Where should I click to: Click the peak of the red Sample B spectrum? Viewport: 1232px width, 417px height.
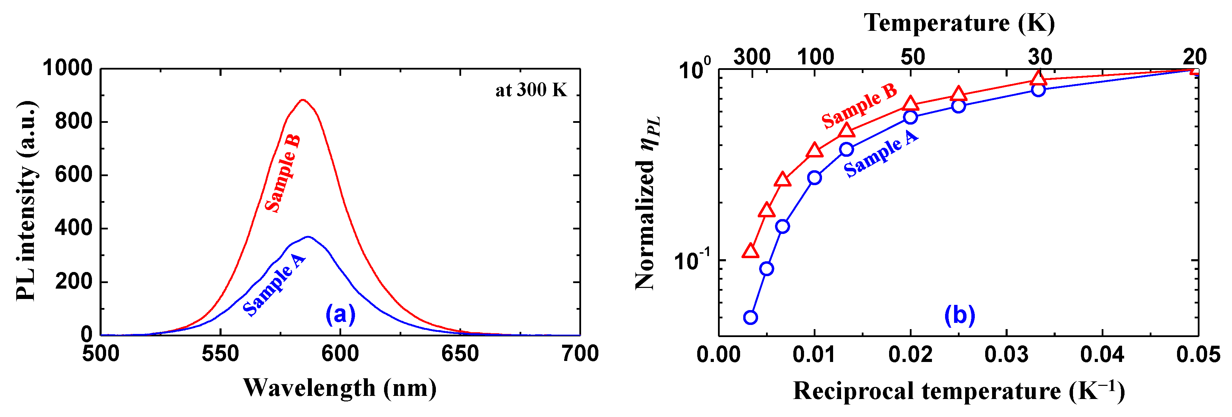(x=302, y=100)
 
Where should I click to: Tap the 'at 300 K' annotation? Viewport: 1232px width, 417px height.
(x=531, y=90)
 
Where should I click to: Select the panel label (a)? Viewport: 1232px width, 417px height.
(x=340, y=315)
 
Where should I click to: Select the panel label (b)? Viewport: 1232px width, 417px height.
(x=959, y=316)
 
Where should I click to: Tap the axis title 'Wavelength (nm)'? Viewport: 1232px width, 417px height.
(x=339, y=388)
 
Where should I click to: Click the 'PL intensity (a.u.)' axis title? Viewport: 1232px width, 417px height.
(x=26, y=201)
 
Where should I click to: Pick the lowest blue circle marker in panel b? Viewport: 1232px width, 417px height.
(x=750, y=317)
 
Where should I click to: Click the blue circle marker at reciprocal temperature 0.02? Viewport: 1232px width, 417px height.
(x=910, y=117)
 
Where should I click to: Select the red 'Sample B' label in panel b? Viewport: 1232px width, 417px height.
(x=859, y=106)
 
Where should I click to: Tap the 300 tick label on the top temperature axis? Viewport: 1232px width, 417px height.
(x=752, y=57)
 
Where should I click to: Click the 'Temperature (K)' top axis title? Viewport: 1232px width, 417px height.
(x=959, y=22)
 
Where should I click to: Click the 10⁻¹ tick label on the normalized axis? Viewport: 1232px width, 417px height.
(x=692, y=261)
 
